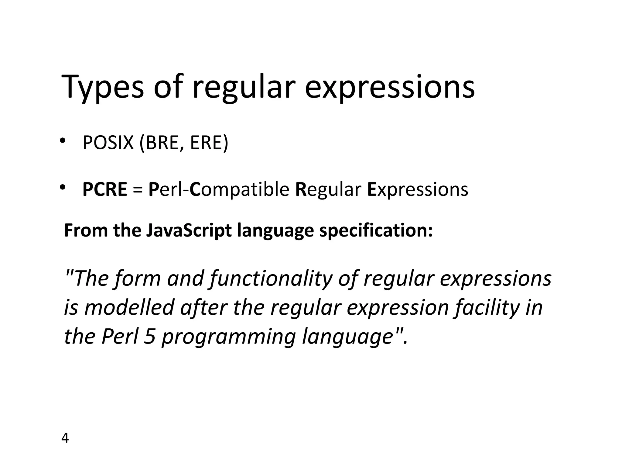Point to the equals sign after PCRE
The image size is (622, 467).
click(138, 190)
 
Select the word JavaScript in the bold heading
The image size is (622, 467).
click(189, 231)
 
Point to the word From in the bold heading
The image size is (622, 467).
click(86, 230)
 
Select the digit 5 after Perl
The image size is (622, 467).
click(149, 337)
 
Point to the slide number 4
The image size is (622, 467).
click(65, 438)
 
